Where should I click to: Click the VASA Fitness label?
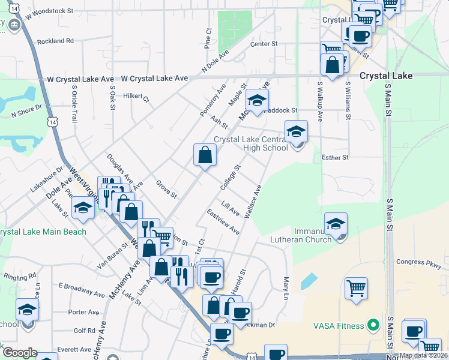click(x=339, y=326)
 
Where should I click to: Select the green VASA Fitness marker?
click(x=373, y=326)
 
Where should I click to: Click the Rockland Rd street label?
click(x=55, y=41)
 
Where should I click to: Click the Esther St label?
click(x=336, y=158)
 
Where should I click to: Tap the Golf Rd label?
click(x=84, y=330)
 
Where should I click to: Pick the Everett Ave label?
click(x=74, y=349)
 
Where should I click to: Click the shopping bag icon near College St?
click(x=205, y=155)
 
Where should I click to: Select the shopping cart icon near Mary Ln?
click(x=357, y=288)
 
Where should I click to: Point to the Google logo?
click(x=20, y=353)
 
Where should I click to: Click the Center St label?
click(x=264, y=44)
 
